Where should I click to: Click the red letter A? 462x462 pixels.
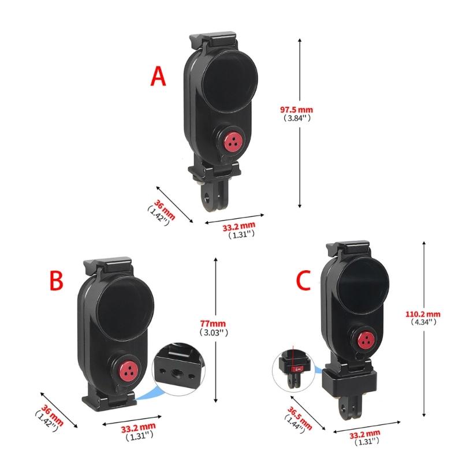coord(158,76)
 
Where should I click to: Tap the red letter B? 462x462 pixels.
coord(56,281)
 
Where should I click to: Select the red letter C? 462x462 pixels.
coord(303,280)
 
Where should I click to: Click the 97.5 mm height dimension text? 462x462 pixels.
coord(296,110)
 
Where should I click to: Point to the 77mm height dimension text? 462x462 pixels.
coord(213,324)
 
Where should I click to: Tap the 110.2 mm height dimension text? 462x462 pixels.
coord(423,314)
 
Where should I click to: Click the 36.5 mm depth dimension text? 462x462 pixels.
coord(300,418)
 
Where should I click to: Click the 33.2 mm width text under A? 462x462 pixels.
coord(239,226)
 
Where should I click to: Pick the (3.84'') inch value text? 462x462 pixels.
coord(297,118)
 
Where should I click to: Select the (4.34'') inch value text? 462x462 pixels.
coord(423,322)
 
